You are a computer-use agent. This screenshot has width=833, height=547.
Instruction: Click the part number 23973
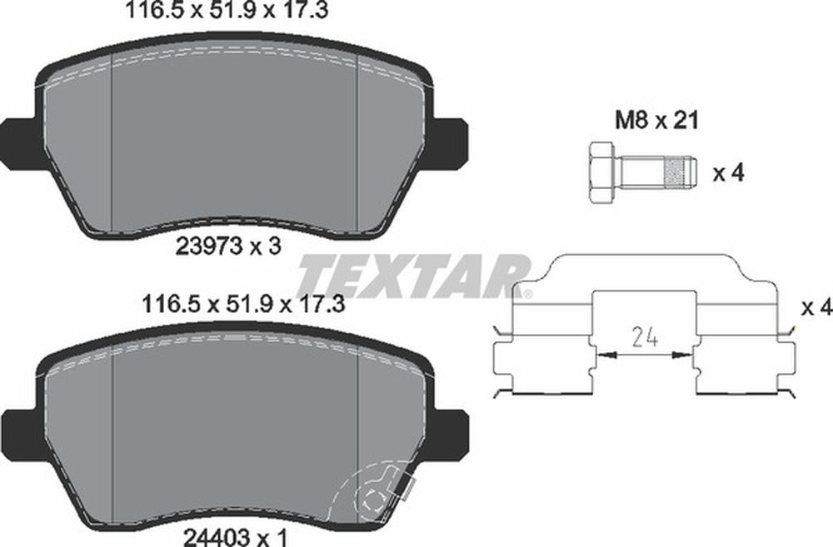pos(209,246)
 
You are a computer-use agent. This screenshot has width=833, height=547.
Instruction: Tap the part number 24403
pos(217,537)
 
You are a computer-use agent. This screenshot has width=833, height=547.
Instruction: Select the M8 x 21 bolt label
pos(656,121)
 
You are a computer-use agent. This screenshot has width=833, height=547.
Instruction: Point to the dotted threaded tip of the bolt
pos(679,172)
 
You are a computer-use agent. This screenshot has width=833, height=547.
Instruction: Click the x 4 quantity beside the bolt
pos(729,172)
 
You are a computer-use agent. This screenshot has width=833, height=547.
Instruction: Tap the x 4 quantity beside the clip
pos(817,307)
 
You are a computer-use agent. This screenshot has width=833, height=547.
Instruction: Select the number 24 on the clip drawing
pos(645,336)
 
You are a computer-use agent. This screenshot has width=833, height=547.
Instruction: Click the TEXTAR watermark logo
pos(414,276)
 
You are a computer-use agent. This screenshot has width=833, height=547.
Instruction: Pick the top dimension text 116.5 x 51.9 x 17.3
pos(227,10)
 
